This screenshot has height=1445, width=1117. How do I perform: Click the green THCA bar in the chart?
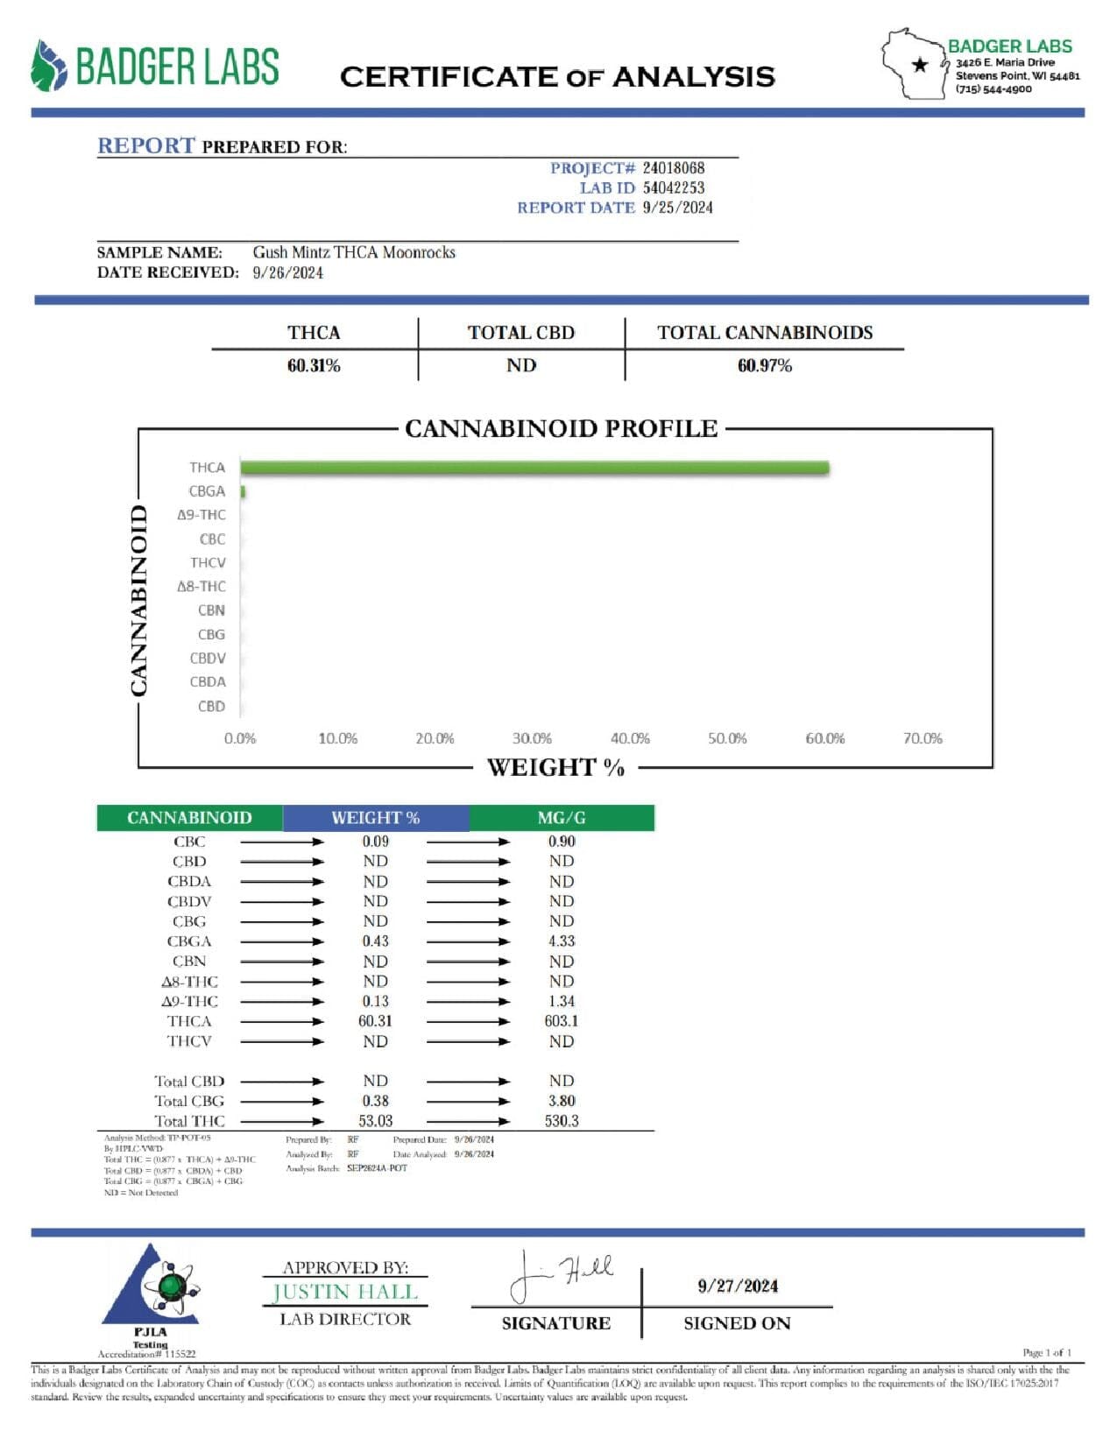coord(534,468)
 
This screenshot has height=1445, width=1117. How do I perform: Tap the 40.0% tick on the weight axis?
coord(630,738)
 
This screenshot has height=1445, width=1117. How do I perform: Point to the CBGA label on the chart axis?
coord(207,491)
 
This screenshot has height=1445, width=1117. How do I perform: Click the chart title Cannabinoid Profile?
coord(561,428)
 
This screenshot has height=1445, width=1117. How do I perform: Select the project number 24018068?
coord(674,168)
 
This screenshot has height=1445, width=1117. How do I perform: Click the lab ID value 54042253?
coord(674,187)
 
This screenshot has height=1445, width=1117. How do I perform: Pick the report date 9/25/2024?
coord(677,208)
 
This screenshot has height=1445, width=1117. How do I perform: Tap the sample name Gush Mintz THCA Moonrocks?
coord(354,252)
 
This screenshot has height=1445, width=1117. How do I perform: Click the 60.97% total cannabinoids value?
coord(764,366)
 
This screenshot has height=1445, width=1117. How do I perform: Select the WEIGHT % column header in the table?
coord(375,818)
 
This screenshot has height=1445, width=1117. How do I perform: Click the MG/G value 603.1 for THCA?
coord(561,1021)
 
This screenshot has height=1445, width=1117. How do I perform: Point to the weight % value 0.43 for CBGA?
coord(375,941)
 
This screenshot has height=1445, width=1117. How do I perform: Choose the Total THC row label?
coord(189,1121)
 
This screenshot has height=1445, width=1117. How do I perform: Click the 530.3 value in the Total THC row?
coord(561,1121)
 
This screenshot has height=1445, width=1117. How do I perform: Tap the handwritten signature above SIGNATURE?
coord(561,1275)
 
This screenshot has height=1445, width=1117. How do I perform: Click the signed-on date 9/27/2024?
coord(738,1286)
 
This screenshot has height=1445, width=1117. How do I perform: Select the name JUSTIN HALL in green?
coord(345,1292)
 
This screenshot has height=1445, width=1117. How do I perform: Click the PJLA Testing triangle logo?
coord(152,1289)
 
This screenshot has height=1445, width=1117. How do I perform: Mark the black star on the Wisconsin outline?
coord(920,65)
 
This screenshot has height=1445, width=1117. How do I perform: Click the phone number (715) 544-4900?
coord(993,89)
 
